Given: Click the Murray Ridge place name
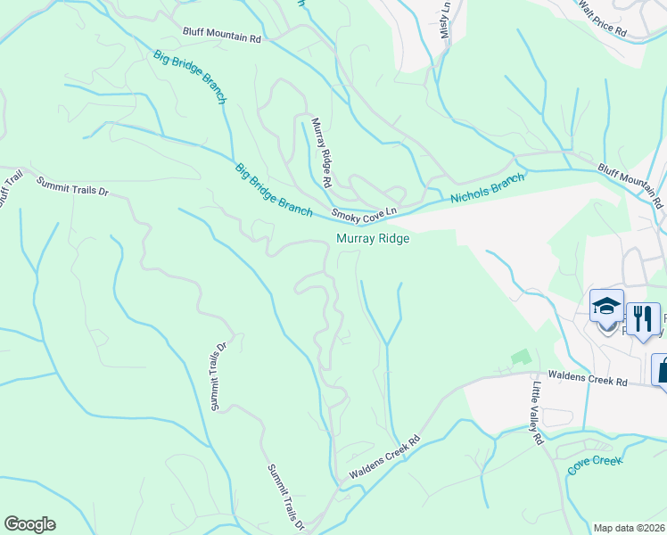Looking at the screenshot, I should (x=372, y=238).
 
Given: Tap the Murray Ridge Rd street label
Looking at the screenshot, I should (x=321, y=152).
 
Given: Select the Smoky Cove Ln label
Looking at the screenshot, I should (x=363, y=212).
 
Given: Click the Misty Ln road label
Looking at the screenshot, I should (x=445, y=19).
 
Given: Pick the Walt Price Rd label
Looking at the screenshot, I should (x=614, y=19).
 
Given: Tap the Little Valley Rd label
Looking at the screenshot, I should (x=537, y=414).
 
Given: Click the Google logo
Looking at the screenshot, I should (x=29, y=524).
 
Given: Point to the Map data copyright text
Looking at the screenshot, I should (x=629, y=528).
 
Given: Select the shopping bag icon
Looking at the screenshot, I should (x=663, y=368).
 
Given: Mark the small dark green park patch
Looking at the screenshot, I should (x=520, y=357).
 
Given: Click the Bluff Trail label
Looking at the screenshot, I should (x=8, y=188).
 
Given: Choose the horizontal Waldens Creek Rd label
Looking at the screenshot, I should (x=589, y=381).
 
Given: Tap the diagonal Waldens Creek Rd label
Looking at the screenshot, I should (x=384, y=457).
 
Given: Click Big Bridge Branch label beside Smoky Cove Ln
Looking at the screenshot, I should (x=273, y=189).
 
